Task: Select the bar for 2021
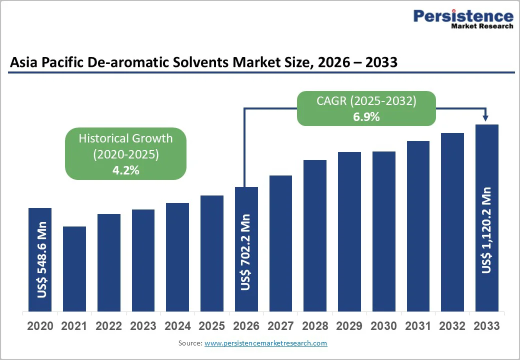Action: coord(74,268)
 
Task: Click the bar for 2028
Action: coord(315,235)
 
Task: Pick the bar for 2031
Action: coord(418,225)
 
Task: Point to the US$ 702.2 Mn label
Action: coord(246,252)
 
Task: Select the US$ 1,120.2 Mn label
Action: coord(486,230)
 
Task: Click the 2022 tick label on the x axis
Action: coord(109,326)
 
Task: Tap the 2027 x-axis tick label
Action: coord(280,326)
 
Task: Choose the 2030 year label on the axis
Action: coord(383,326)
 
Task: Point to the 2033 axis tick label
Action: coord(486,326)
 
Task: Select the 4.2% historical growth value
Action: coord(125,170)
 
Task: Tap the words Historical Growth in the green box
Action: coord(125,138)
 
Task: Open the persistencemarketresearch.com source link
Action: coord(266,343)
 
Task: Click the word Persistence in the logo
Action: coord(463,16)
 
